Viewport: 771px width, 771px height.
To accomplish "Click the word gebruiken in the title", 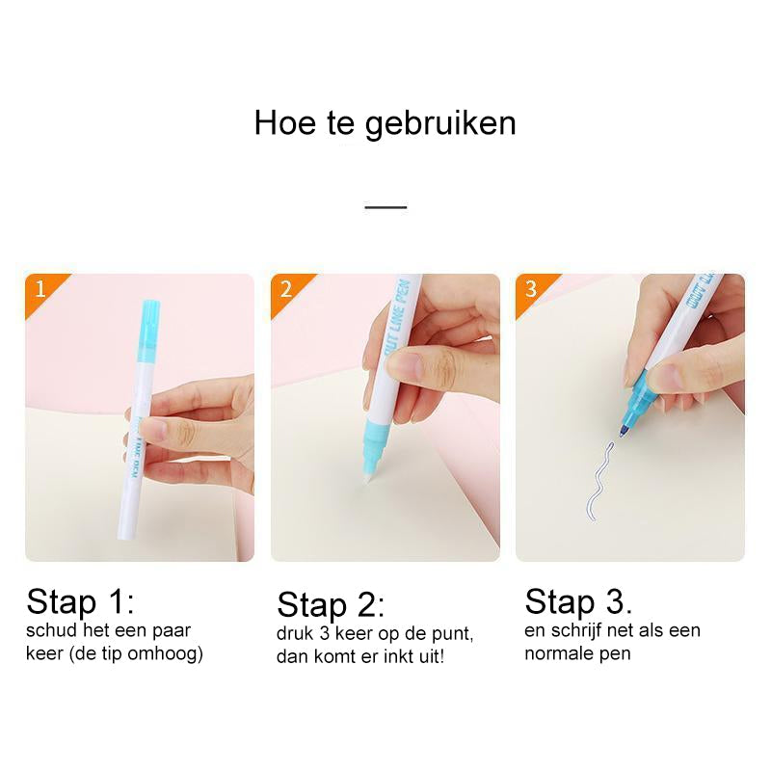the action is coord(440,125).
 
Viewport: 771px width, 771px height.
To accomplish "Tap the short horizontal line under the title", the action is coord(385,207).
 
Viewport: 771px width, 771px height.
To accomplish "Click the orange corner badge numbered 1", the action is coord(45,293).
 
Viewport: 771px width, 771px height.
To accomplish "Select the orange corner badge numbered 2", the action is coord(290,293).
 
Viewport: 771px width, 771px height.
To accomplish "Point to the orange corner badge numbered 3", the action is coord(536,293).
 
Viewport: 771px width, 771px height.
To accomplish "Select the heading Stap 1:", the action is coord(80,601).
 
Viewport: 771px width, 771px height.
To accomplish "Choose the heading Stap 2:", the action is coord(331,605).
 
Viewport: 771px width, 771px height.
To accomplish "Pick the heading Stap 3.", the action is coord(578,601).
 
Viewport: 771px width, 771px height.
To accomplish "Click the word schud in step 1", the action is coord(52,630).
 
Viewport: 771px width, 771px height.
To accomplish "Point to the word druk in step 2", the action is coord(295,634).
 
